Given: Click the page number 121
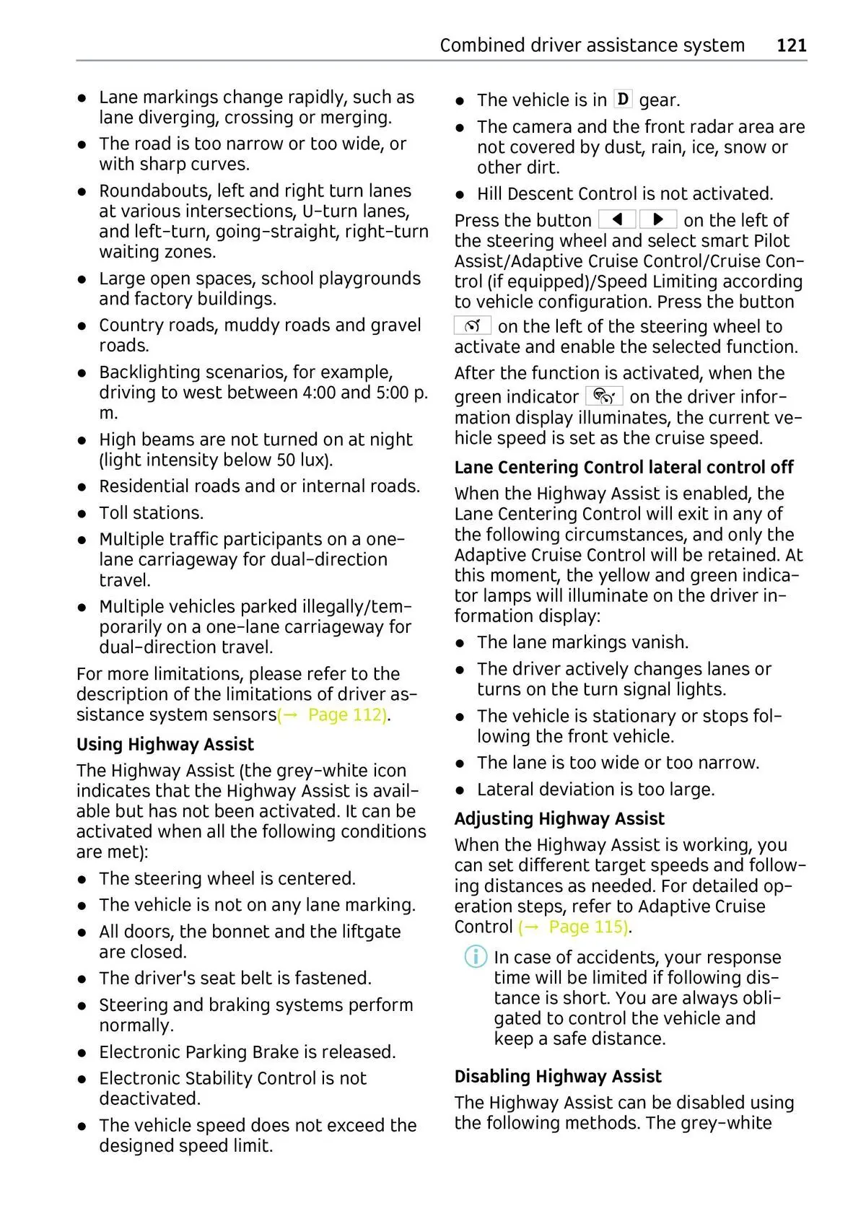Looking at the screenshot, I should [x=791, y=45].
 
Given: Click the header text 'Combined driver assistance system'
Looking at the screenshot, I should [x=592, y=45].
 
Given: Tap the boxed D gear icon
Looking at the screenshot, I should [x=623, y=99].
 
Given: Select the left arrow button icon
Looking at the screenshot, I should [x=617, y=219].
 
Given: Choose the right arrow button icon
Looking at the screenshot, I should [x=658, y=219].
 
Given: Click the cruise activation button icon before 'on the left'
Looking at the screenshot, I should [x=473, y=325].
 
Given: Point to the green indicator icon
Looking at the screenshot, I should [x=604, y=396].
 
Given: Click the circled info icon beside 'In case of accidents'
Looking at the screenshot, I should [x=476, y=958].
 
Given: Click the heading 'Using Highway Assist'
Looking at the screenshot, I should [x=165, y=744].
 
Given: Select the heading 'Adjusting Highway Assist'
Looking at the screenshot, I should [x=559, y=818].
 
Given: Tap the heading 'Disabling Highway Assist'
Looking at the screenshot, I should [x=558, y=1076].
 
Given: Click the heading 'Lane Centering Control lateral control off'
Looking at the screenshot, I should [x=624, y=467].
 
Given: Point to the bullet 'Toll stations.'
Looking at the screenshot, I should [x=152, y=512].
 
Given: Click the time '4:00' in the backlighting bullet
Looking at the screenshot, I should [x=318, y=393].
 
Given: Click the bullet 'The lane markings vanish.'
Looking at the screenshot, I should [x=582, y=642].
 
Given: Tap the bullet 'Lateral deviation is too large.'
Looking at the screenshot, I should [x=595, y=790].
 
